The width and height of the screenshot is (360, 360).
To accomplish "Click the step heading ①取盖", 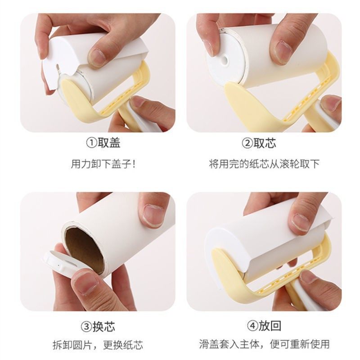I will click(103, 144).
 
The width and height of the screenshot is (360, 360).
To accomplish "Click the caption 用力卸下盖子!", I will click(103, 163).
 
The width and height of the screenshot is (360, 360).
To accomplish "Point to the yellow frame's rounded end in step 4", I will click(225, 270).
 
